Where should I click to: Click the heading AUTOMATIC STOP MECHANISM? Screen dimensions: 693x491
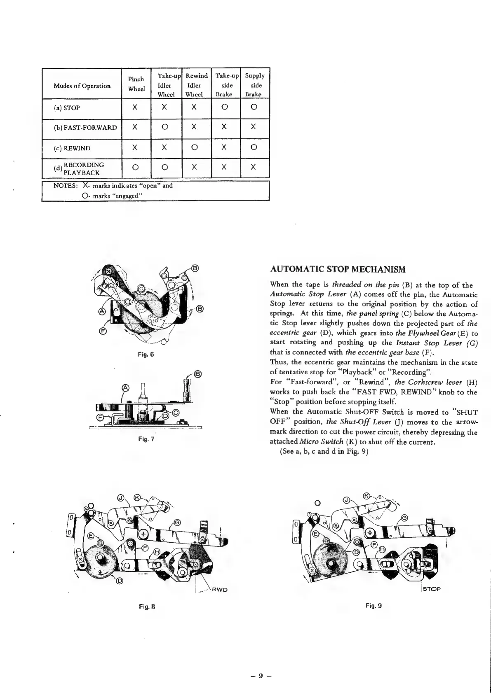[x=338, y=270]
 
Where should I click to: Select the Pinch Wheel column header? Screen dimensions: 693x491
[x=136, y=84]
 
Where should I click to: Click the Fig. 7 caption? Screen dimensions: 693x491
[x=146, y=439]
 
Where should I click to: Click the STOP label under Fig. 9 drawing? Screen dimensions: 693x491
[x=432, y=588]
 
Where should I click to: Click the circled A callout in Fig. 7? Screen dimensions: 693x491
[x=126, y=388]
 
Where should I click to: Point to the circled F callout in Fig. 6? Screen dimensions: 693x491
[x=103, y=332]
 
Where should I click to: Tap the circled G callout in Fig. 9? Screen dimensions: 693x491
[x=404, y=518]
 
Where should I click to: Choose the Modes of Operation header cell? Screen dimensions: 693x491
[x=82, y=86]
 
